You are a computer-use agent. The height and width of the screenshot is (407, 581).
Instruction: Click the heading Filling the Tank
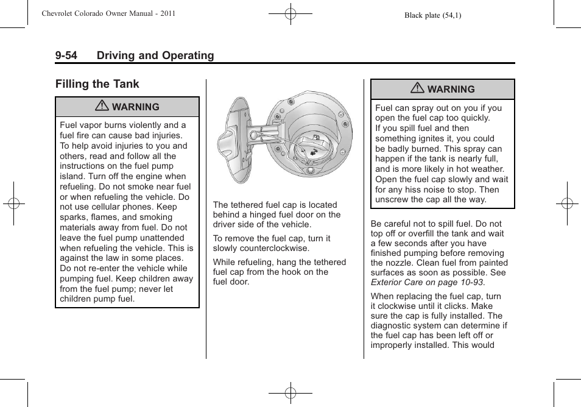tap(97, 84)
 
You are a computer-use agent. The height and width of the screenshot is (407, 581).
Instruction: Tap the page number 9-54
tap(66, 55)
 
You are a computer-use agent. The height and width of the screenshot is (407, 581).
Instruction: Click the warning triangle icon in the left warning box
tap(104, 107)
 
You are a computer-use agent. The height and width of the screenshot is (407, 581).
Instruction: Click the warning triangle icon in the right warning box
tap(419, 89)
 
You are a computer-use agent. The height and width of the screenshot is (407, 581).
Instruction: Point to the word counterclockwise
tap(274, 249)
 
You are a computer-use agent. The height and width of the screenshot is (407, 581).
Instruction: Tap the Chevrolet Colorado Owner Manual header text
tap(108, 13)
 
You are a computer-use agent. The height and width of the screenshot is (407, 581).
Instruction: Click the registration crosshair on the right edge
tap(566, 203)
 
